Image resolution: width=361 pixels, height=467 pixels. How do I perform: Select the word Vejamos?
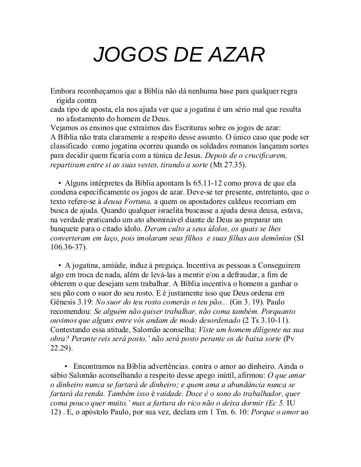[x=66, y=127]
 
